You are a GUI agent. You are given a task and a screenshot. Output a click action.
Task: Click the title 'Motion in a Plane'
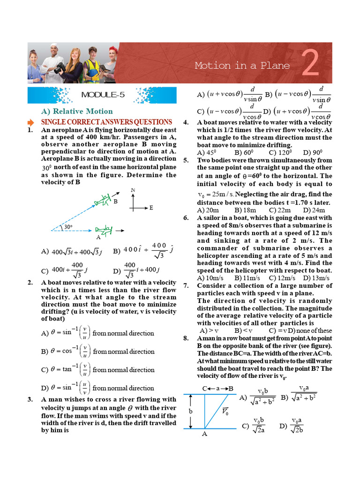(x=242, y=66)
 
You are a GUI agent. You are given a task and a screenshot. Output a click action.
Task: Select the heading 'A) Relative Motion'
(x=77, y=111)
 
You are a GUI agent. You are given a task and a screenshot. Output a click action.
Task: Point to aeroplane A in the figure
(x=104, y=230)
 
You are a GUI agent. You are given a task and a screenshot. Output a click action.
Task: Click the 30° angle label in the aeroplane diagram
(x=68, y=227)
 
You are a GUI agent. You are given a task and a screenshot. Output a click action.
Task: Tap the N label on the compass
(x=133, y=190)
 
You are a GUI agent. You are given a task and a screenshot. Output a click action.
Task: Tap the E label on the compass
(x=151, y=207)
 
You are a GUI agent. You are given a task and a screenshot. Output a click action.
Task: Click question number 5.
(x=186, y=160)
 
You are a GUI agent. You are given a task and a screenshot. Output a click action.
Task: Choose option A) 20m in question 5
(x=209, y=210)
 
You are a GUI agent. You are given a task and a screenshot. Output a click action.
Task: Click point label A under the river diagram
(x=204, y=434)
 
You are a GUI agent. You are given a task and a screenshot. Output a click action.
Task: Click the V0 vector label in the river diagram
(x=225, y=412)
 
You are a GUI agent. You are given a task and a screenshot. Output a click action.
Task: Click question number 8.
(x=186, y=338)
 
